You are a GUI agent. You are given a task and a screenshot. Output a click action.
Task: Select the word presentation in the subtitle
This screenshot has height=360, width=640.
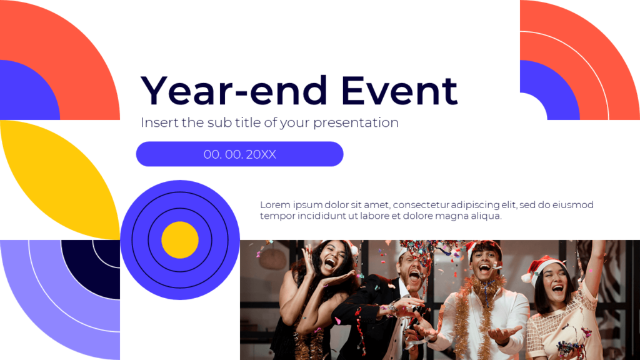356,122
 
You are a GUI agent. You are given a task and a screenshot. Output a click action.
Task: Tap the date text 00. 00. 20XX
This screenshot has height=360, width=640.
239,154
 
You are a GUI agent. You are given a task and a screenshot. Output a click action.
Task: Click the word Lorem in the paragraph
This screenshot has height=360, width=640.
274,205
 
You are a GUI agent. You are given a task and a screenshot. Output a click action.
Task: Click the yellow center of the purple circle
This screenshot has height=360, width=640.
180,240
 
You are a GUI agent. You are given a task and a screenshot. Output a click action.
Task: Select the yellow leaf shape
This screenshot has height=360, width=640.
59,178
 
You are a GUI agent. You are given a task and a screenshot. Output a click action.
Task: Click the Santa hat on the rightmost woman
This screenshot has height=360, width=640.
541,266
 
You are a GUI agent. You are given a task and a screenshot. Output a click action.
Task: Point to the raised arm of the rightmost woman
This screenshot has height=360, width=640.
594,262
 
